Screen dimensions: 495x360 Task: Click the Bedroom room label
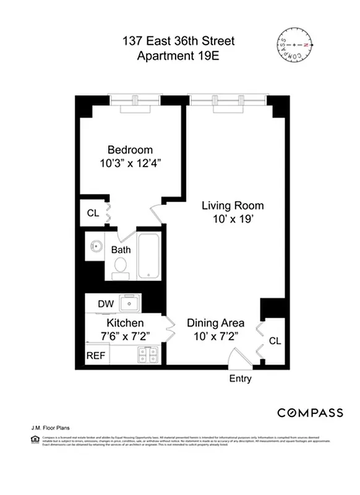(130, 150)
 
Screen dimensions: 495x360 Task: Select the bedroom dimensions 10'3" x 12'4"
(130, 164)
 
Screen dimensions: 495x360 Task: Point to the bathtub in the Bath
(148, 257)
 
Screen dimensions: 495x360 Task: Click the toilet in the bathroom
(121, 267)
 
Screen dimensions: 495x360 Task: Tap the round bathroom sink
(96, 246)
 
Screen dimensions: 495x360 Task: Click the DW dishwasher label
(105, 304)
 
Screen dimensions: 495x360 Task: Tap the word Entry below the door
(240, 379)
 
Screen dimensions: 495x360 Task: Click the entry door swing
(236, 358)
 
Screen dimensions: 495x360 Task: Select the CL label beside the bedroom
(93, 213)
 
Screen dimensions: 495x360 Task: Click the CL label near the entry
(275, 340)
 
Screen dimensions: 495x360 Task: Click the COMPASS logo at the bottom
(310, 413)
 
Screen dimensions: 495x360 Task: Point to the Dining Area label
(216, 323)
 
